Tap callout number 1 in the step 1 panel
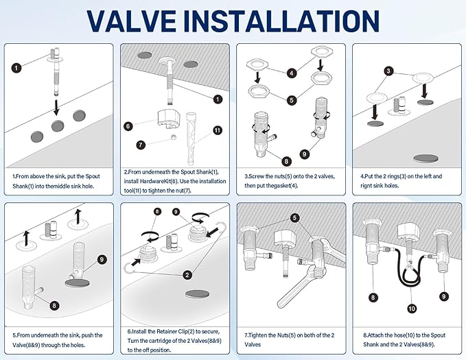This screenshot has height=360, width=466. click(17, 67)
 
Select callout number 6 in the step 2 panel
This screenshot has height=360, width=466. click(128, 125)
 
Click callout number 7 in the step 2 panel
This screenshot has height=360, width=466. click(140, 145)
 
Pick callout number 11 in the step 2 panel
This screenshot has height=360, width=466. click(217, 130)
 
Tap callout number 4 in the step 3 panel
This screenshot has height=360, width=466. click(292, 73)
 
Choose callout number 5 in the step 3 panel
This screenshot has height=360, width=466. click(292, 100)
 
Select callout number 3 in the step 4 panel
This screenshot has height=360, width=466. click(388, 71)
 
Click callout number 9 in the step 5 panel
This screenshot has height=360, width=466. click(102, 259)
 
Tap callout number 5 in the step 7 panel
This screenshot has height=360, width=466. click(294, 218)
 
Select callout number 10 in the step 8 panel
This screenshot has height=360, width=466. click(411, 309)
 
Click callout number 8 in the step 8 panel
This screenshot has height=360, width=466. click(373, 297)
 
